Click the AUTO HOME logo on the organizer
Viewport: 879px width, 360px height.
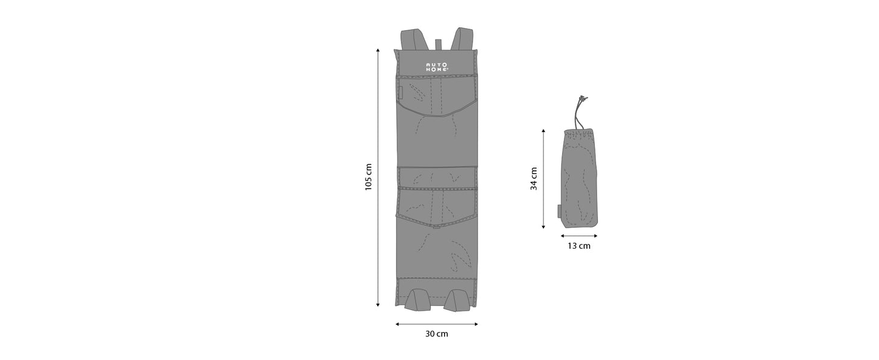(436, 67)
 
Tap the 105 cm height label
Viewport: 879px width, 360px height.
(369, 177)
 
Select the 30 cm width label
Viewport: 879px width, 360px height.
(437, 334)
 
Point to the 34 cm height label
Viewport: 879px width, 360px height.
(533, 179)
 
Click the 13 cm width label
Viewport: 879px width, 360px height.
(578, 246)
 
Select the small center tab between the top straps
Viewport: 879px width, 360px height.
(437, 46)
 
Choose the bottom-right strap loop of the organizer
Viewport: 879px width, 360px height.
(457, 300)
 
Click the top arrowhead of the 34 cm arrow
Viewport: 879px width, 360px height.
(543, 131)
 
